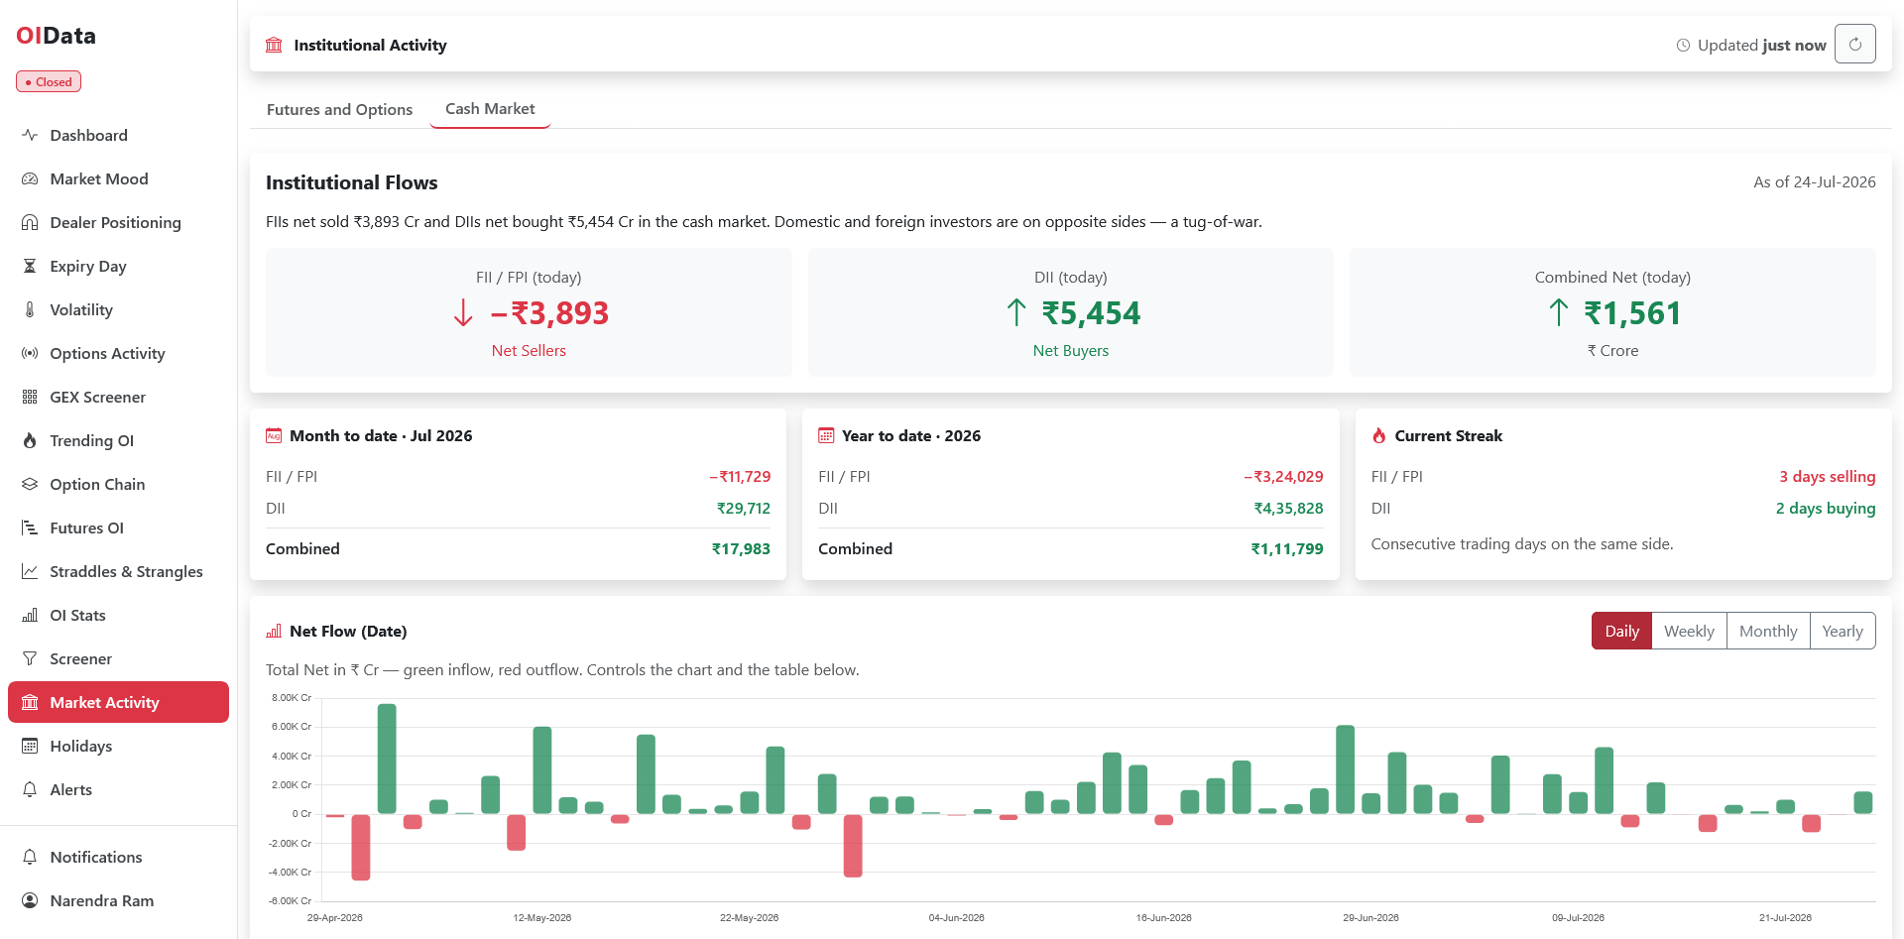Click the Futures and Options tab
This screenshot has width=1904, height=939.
click(339, 109)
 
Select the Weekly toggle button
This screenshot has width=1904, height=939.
click(1689, 631)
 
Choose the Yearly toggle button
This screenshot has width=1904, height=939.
click(1843, 631)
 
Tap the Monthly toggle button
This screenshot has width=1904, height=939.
click(1768, 631)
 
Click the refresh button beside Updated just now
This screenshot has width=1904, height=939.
click(1855, 44)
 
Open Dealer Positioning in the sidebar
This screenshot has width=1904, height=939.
click(115, 222)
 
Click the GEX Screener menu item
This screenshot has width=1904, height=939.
click(97, 397)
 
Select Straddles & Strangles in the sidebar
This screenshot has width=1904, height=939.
click(126, 571)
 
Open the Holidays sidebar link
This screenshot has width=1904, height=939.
click(80, 746)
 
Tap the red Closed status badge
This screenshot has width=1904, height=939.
click(49, 81)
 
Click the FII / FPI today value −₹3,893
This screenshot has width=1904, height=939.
click(549, 313)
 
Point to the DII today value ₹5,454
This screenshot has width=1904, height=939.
click(1091, 313)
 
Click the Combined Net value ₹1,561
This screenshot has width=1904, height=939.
click(1632, 313)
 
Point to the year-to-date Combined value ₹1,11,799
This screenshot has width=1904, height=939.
click(1287, 548)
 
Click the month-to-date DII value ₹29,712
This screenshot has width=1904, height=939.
click(744, 508)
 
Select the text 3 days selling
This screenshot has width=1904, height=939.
click(1827, 476)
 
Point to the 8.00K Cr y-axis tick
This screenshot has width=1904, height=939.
click(292, 698)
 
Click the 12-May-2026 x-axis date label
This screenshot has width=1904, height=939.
click(542, 917)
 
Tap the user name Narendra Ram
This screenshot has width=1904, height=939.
click(102, 900)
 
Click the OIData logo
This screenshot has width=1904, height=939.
click(57, 36)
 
